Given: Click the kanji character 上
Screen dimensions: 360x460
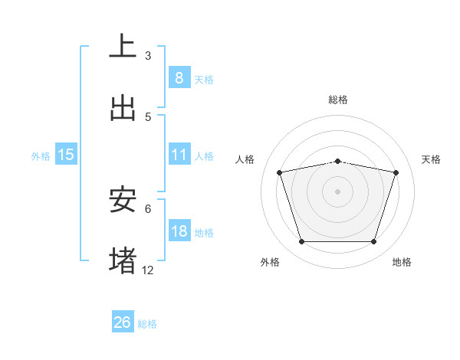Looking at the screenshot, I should click(123, 46).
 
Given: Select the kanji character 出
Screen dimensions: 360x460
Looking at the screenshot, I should click(123, 108).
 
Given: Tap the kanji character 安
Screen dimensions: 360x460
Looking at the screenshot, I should click(123, 200).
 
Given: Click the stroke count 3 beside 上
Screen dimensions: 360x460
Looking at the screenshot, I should click(148, 56).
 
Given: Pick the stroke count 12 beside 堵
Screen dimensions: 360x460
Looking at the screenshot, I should click(148, 270).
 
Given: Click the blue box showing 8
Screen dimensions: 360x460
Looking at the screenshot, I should click(179, 78).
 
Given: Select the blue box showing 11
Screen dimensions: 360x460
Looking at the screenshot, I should click(179, 155).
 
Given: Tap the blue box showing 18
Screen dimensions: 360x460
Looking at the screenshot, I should click(179, 231).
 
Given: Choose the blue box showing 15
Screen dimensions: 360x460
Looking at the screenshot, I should click(66, 155).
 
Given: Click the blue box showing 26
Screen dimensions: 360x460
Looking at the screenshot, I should click(123, 322).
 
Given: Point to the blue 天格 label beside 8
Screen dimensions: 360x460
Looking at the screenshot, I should click(204, 79).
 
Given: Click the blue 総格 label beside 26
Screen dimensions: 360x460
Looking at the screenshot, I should click(147, 324).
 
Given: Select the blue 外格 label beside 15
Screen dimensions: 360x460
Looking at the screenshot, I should click(41, 155).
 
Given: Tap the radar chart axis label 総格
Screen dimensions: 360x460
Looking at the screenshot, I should click(338, 100).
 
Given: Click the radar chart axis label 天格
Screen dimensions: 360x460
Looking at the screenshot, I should click(432, 159).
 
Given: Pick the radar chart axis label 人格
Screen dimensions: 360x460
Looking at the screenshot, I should click(245, 159).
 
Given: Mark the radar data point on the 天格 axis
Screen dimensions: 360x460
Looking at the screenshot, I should click(396, 172).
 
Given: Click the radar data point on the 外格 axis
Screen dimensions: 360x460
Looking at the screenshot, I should click(301, 242).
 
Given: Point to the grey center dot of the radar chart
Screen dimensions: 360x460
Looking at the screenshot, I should click(338, 191).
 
